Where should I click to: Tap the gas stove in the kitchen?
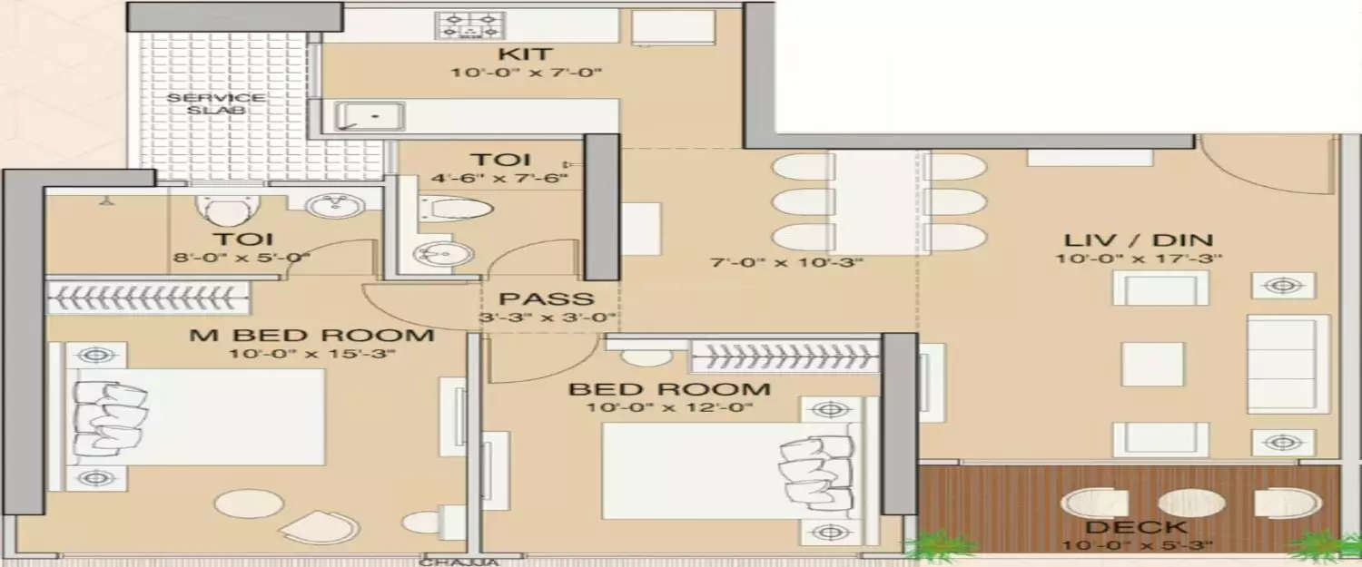[x=469, y=25]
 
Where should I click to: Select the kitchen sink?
[x=358, y=116]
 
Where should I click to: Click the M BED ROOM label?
[x=311, y=335]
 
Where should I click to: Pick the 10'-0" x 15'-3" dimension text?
[x=311, y=354]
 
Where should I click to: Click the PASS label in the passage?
[x=547, y=298]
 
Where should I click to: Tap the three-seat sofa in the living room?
[x=1288, y=364]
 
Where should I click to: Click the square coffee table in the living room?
[x=1152, y=364]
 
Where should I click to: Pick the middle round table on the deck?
[x=1191, y=503]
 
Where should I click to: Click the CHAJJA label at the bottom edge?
[x=473, y=562]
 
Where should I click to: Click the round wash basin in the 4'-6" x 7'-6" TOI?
[x=430, y=254]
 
